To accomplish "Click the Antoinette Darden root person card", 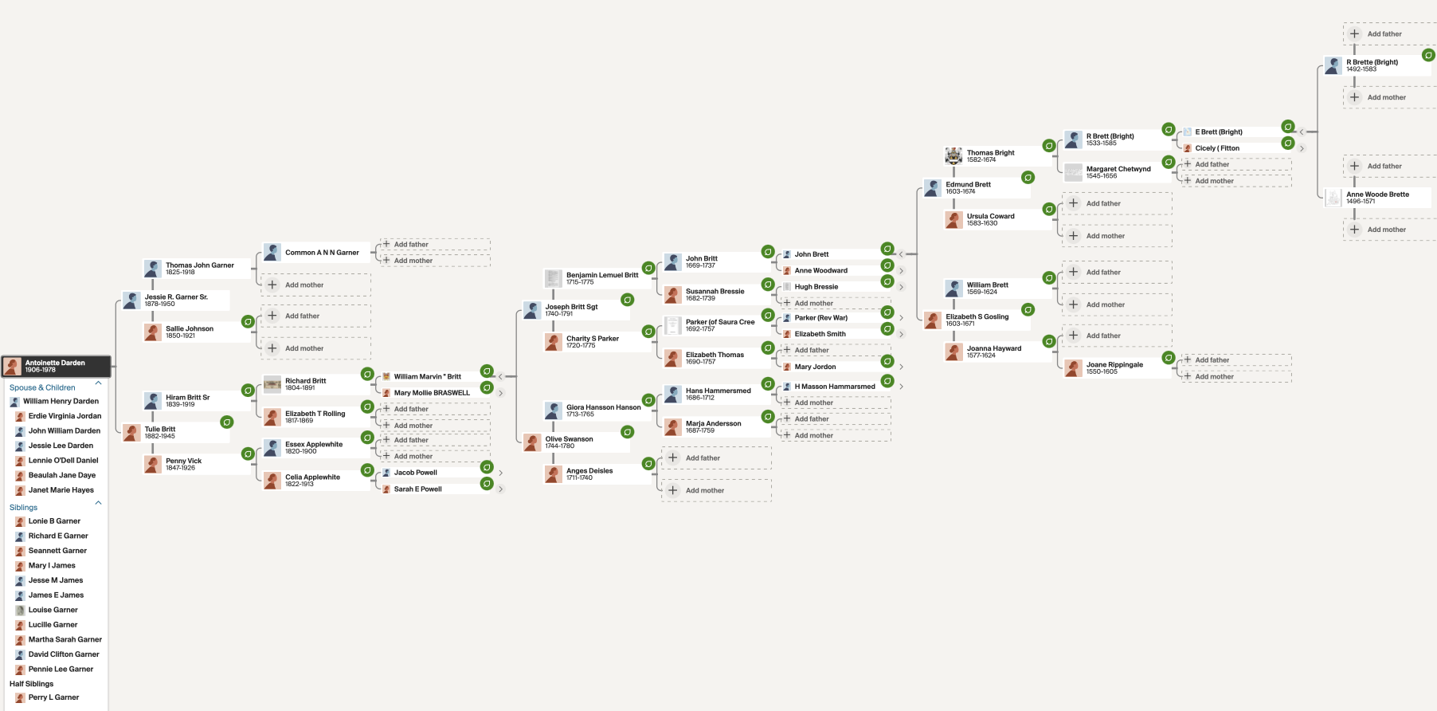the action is point(56,366).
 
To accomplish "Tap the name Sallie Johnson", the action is point(190,328).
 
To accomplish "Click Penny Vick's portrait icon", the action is point(153,464).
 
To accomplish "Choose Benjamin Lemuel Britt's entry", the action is point(593,278).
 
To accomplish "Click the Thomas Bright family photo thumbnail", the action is point(953,156).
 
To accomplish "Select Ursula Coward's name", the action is point(991,216).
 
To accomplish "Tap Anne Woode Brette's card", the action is point(1377,198).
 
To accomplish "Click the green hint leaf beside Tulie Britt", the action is point(227,422).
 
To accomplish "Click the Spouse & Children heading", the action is point(42,387).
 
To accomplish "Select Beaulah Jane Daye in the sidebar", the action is point(61,475).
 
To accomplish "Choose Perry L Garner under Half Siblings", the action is point(53,697).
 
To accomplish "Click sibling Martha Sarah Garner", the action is point(65,639).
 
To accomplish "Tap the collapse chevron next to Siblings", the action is point(99,503).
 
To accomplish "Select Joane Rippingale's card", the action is point(1116,368).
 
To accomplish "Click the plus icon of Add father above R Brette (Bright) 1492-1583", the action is point(1354,33).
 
